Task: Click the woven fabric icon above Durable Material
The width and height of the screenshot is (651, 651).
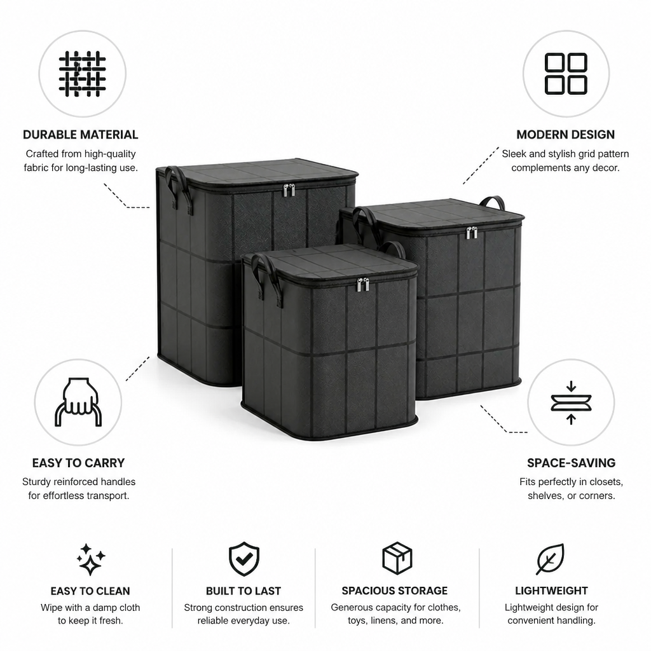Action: [x=82, y=74]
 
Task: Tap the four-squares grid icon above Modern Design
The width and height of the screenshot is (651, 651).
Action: [x=565, y=74]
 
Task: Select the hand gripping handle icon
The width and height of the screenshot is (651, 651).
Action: [x=78, y=402]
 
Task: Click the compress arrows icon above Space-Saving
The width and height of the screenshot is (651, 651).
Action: [x=571, y=402]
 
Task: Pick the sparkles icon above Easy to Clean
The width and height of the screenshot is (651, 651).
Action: [x=90, y=559]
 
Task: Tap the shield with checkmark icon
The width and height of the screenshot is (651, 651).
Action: [x=243, y=558]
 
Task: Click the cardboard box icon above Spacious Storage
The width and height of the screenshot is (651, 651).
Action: [x=397, y=558]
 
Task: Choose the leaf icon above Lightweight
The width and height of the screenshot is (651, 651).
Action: [x=550, y=559]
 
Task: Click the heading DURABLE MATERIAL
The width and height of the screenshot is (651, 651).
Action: [x=81, y=135]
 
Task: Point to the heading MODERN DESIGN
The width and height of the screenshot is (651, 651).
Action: [x=565, y=135]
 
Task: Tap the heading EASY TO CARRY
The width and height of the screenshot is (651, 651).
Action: [x=78, y=463]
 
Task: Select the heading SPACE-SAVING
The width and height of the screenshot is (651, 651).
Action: [x=572, y=463]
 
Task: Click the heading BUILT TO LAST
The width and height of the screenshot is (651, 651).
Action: [x=243, y=591]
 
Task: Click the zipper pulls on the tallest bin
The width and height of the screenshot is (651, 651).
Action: [x=289, y=190]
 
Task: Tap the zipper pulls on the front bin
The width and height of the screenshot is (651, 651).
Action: [x=363, y=285]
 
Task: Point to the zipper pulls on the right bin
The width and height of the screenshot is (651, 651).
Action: [x=472, y=233]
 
